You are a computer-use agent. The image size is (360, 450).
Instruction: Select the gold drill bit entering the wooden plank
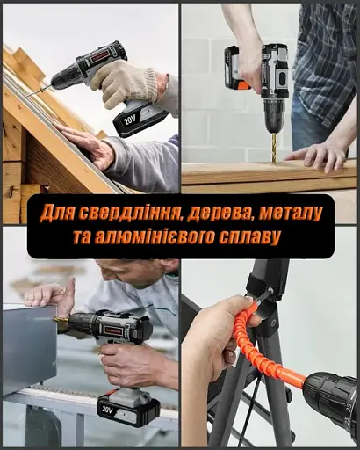273,144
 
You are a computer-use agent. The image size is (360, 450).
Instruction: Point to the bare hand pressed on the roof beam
88,145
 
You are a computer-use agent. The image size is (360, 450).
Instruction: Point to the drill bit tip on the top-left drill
29,91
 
